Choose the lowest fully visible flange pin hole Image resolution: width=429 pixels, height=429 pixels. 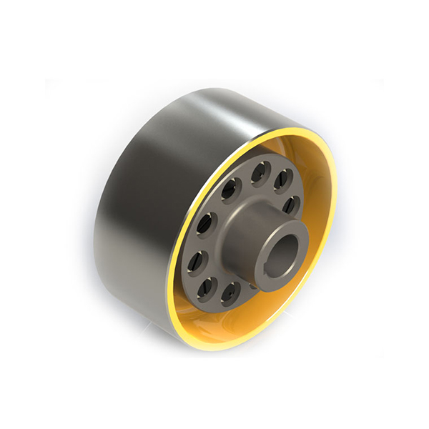coord(229,293)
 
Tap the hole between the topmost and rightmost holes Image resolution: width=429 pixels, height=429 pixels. coord(283,179)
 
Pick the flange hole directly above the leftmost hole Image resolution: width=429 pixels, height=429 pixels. coord(208,224)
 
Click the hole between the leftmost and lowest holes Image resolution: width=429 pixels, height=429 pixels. coord(205,286)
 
